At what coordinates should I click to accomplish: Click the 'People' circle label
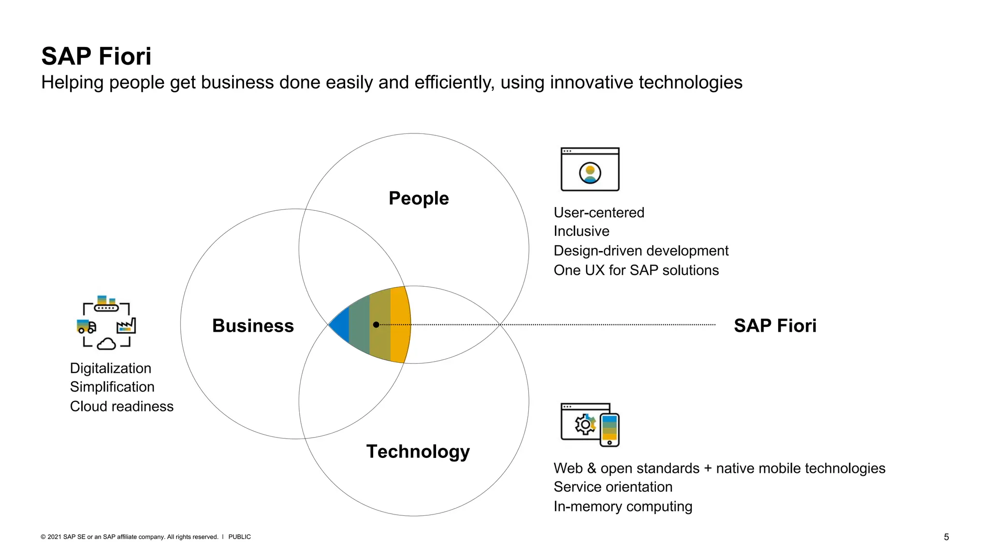click(418, 198)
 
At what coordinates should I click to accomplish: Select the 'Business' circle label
click(253, 326)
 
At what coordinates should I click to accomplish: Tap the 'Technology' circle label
click(418, 452)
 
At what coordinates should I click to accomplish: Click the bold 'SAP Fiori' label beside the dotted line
click(775, 326)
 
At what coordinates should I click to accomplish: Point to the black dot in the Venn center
click(376, 325)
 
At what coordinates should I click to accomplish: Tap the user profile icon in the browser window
click(590, 173)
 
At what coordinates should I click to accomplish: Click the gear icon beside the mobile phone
click(585, 425)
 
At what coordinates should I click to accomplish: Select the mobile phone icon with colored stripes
click(610, 429)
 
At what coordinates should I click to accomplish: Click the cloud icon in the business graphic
click(106, 344)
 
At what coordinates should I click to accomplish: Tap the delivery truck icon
click(86, 326)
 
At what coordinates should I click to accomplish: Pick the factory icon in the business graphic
click(127, 326)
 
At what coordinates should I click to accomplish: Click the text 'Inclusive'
click(581, 231)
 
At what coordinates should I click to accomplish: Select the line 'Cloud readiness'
click(121, 406)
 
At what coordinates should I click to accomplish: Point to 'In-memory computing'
click(623, 506)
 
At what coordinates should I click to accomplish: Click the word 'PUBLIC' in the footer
click(239, 537)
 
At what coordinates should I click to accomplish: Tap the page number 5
click(946, 537)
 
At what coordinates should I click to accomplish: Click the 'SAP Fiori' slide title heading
click(96, 56)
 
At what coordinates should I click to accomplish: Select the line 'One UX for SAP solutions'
click(636, 270)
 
